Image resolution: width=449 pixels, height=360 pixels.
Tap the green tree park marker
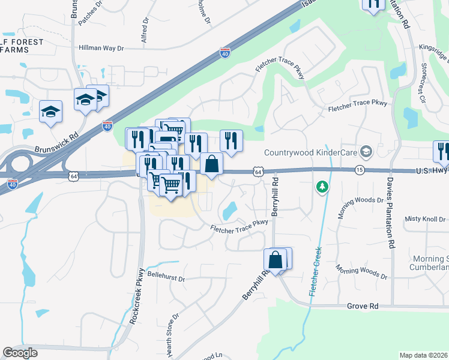[322, 187]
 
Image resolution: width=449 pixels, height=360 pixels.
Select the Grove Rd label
[362, 306]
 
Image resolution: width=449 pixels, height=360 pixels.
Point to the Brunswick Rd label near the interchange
[56, 144]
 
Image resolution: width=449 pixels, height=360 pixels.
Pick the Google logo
[20, 353]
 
